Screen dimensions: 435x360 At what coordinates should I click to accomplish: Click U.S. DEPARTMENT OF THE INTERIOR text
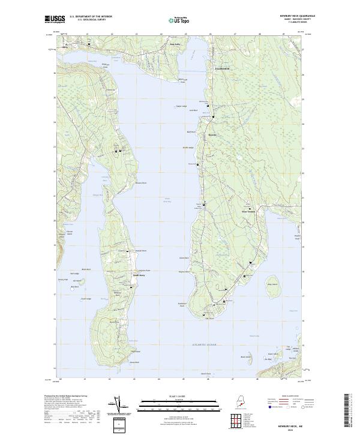coord(91,17)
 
